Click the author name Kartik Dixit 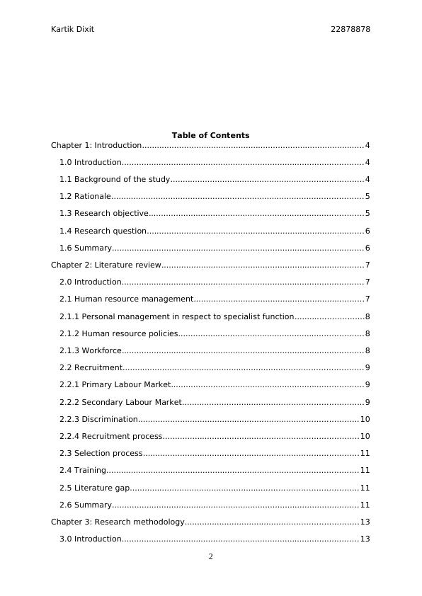tap(72, 29)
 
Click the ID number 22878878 tap(350, 29)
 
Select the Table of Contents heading tap(210, 135)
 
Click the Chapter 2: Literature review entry tap(106, 265)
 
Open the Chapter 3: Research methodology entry tap(118, 522)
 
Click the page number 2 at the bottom tap(210, 557)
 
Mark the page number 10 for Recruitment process tap(365, 437)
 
